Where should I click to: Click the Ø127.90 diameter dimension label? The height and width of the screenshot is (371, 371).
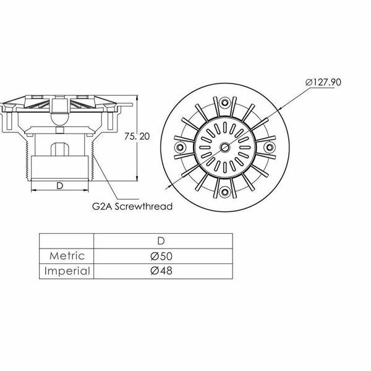(323, 82)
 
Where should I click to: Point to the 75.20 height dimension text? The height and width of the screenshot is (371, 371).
(137, 137)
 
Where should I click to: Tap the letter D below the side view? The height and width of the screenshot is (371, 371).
(60, 186)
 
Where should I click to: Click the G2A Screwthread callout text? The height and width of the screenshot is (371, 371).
(132, 207)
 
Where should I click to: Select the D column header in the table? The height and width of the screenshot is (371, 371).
(161, 241)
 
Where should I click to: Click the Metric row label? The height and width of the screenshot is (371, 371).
(67, 256)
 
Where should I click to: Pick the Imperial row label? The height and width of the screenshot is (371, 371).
(67, 271)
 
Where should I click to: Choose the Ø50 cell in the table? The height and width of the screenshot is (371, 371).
(161, 256)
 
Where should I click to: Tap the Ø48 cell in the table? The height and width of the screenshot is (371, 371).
(161, 271)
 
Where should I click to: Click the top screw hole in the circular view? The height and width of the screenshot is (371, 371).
(224, 103)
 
